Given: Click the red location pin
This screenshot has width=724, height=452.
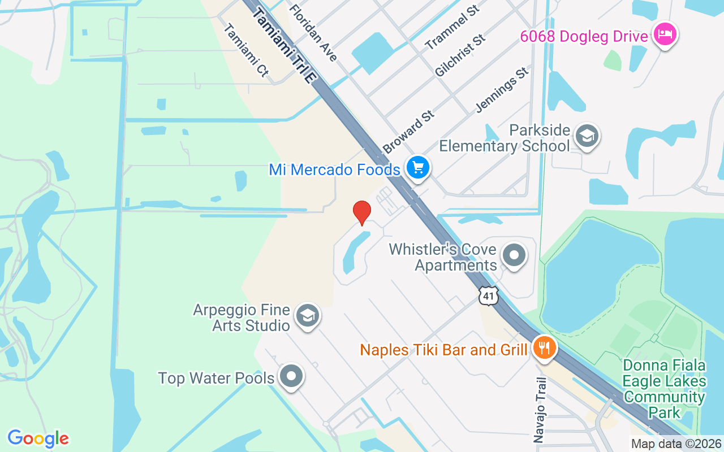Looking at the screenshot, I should point(362,212).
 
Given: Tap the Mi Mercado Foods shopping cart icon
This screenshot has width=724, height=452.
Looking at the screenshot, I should point(418,168).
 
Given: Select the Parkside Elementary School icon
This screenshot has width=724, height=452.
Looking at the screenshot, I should point(587,136).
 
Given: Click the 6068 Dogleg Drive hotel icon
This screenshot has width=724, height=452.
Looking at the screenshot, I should point(665,35).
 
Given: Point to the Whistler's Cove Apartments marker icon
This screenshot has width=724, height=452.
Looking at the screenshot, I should point(514,255).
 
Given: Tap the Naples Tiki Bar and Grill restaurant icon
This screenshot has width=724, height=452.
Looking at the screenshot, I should point(544,347).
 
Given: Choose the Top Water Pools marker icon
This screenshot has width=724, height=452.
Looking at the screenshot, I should point(291,376).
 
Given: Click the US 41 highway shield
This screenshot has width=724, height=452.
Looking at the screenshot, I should point(488,295).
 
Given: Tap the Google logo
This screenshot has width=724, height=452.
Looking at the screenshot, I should point(38,438).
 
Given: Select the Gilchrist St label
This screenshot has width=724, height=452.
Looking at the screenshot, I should point(460,55).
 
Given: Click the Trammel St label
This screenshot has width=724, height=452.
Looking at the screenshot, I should point(452,27).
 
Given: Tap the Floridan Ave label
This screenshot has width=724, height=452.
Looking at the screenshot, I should point(313,33).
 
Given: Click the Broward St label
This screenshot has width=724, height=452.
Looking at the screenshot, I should point(408,132).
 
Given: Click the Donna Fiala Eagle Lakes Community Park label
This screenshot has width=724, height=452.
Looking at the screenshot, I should point(665,389).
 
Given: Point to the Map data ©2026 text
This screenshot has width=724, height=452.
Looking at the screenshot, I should point(676,444).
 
